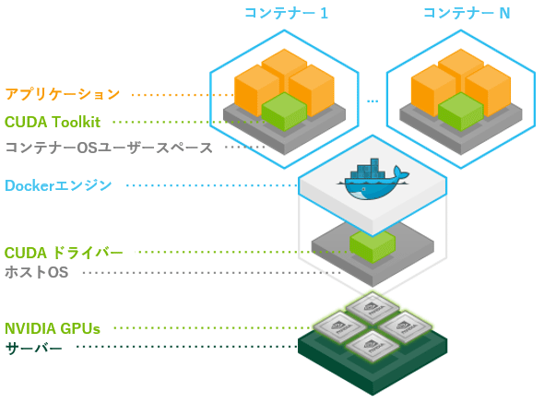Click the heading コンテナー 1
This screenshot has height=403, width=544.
pos(285,13)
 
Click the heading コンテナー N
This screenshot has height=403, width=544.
pos(466,13)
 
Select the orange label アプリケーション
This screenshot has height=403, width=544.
pos(63,93)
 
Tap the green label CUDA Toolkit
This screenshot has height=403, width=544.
pos(53,121)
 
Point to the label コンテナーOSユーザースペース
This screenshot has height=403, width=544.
pos(109,147)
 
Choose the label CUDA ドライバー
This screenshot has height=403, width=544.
pos(64,252)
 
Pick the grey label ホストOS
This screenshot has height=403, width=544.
pos(37,272)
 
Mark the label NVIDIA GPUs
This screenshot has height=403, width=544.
pos(53,327)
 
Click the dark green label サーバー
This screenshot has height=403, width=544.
pos(34,348)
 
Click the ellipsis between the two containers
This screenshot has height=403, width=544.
pos(373,99)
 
